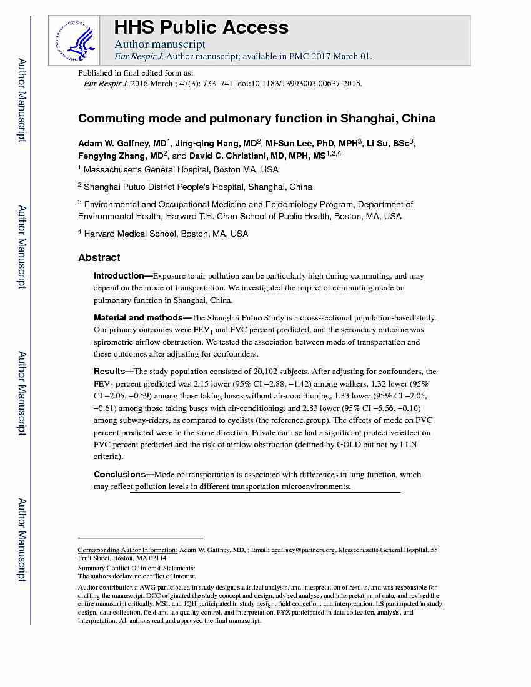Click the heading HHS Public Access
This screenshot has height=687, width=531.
click(x=201, y=27)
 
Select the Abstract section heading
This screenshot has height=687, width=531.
click(x=99, y=257)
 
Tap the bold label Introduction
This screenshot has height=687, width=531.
click(x=119, y=275)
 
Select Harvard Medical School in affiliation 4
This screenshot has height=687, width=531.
click(x=130, y=234)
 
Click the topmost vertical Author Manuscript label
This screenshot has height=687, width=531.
click(x=22, y=100)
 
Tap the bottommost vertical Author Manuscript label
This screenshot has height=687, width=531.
click(x=22, y=540)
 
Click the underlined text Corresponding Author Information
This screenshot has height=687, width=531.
click(x=127, y=550)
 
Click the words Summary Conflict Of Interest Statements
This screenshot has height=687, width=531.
click(x=136, y=568)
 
